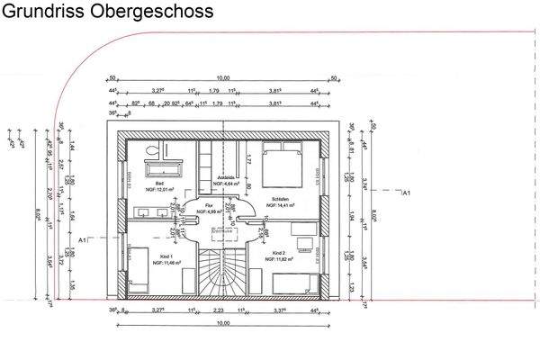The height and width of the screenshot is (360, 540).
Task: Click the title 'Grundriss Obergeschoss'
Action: pyautogui.click(x=107, y=12)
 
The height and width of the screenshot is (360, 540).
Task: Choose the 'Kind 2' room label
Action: pyautogui.click(x=279, y=256)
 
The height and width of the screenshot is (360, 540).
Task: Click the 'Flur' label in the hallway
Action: pyautogui.click(x=209, y=205)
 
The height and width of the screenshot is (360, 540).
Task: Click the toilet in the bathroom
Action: pyautogui.click(x=154, y=150)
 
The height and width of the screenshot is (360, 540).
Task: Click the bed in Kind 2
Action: pyautogui.click(x=298, y=283)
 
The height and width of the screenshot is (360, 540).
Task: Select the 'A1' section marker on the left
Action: pyautogui.click(x=83, y=240)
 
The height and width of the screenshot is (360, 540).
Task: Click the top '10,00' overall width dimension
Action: pyautogui.click(x=222, y=77)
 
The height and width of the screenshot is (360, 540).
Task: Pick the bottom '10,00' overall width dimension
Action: pyautogui.click(x=222, y=323)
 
